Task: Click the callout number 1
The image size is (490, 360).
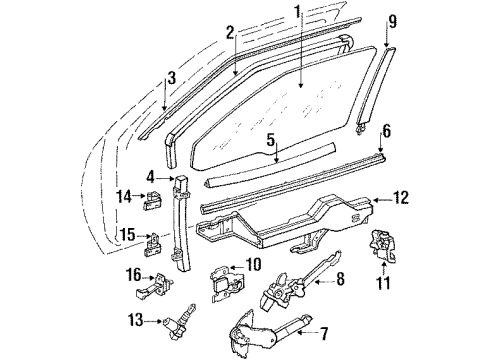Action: [x=297, y=13]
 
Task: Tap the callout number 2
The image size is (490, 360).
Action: [x=229, y=32]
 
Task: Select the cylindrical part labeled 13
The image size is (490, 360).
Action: [x=176, y=322]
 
